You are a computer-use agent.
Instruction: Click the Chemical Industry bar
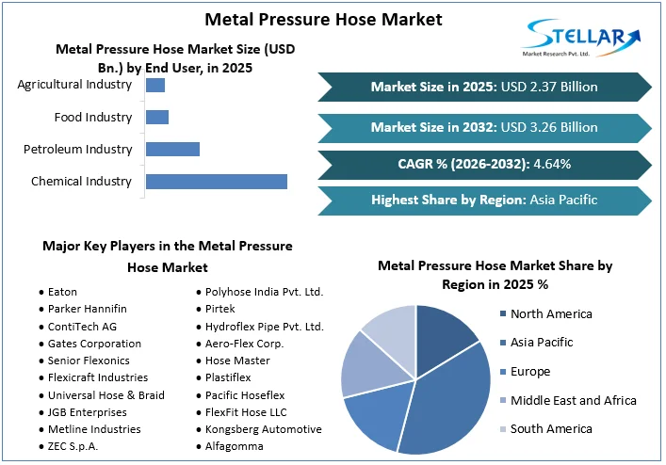coord(216,181)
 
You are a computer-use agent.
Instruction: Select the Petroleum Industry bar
coord(172,149)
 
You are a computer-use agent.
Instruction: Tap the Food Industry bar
coord(157,117)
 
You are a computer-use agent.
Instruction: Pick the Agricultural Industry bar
coord(155,85)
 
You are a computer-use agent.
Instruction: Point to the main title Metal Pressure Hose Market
coord(310,19)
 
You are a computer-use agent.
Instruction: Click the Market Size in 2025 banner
coord(484,87)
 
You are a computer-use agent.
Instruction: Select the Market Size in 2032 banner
coord(484,126)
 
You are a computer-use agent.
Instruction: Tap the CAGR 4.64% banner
coord(484,164)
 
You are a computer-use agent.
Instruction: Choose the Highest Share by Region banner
coord(484,200)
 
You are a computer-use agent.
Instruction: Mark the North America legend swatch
coord(504,313)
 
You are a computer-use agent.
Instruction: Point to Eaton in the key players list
coord(62,292)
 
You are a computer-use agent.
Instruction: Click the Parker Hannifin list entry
coord(87,309)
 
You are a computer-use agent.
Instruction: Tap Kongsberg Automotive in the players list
coord(263,428)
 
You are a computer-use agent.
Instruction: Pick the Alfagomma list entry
coord(235,446)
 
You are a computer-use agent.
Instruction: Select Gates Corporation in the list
coord(94,344)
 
